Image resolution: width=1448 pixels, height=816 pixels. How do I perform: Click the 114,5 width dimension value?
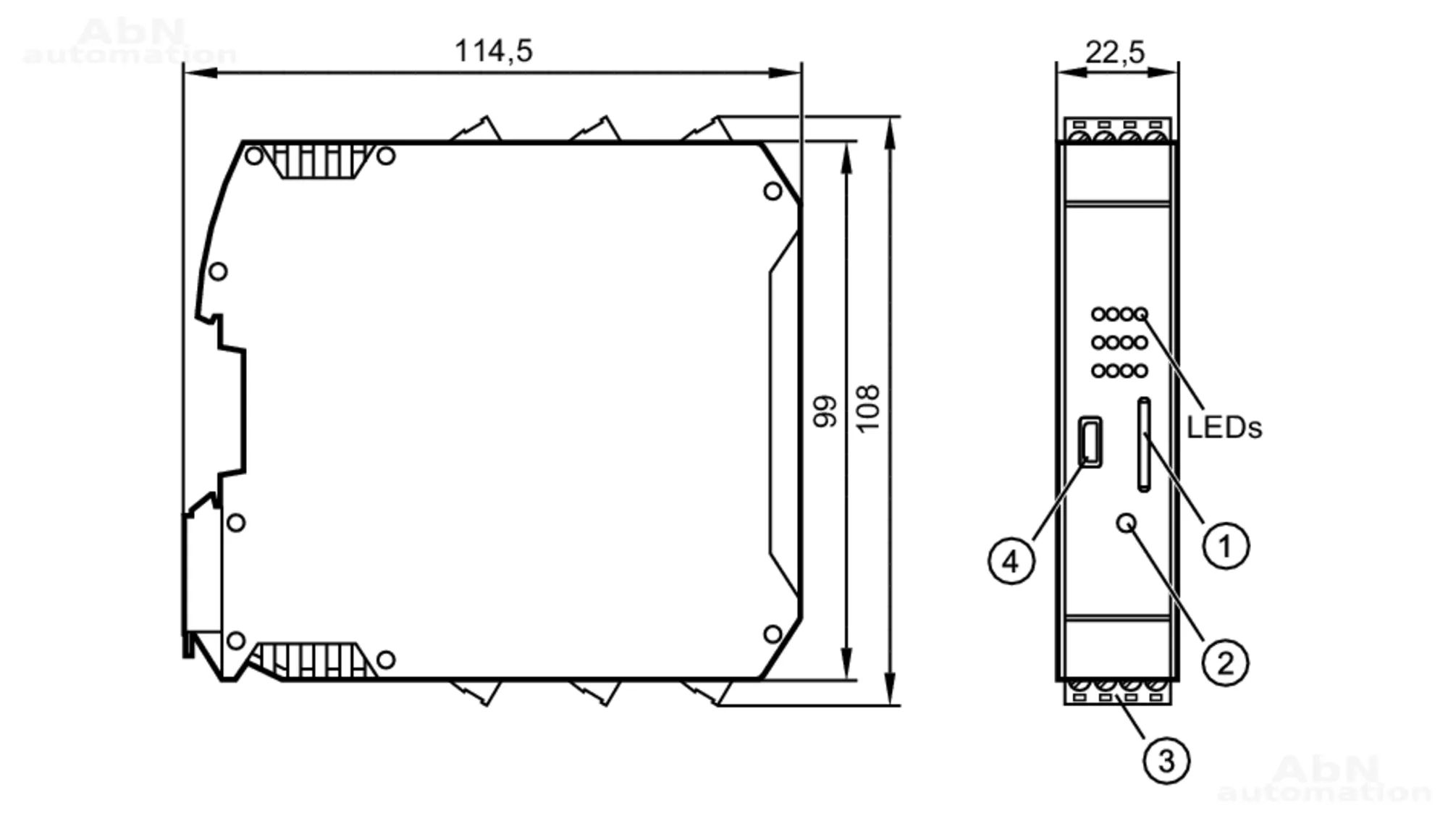493,51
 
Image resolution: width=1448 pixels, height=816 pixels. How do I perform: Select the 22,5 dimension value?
1115,52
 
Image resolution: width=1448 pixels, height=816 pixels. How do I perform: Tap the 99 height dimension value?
825,411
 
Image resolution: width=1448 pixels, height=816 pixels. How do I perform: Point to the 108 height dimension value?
867,409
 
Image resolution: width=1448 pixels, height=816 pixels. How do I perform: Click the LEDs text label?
1224,428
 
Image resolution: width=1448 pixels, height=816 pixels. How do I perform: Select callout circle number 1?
1226,545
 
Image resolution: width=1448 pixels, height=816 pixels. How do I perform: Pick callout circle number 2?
1225,663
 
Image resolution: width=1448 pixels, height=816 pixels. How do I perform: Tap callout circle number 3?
1166,760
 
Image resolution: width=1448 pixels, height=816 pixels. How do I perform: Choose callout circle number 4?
1011,560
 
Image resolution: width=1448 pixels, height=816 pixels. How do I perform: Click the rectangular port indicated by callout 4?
1090,442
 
